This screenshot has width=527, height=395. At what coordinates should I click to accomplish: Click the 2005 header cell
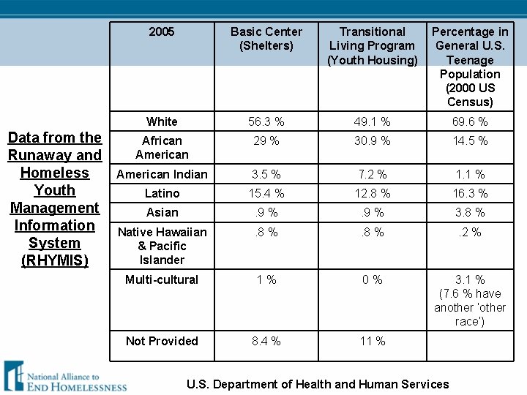tap(162, 31)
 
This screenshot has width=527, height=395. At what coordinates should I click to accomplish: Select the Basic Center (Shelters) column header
tap(266, 39)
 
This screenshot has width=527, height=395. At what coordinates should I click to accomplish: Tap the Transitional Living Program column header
tap(372, 45)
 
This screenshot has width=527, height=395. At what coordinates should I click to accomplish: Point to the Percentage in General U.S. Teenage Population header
tap(470, 67)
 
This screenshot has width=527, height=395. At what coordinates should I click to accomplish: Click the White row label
tap(162, 121)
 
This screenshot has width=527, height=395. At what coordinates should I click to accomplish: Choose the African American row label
tap(162, 147)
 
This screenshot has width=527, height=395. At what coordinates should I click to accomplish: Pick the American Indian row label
tap(162, 174)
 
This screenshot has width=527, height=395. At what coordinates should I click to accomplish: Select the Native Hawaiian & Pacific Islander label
tap(162, 246)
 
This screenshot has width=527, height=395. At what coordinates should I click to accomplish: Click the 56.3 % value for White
tap(266, 121)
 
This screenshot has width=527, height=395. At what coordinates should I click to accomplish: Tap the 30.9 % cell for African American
tap(372, 140)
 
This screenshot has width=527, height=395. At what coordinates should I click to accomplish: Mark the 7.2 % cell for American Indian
tap(372, 174)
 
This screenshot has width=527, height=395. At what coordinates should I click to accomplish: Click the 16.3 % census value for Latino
tap(470, 193)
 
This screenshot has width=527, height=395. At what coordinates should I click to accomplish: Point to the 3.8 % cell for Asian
tap(470, 212)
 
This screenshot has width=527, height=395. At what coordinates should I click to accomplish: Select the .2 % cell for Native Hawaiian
tap(470, 232)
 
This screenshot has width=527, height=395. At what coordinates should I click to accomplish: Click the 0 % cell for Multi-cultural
tap(372, 279)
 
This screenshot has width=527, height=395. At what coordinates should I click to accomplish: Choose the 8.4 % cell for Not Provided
tap(266, 341)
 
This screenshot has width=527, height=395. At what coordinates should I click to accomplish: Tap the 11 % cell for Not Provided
tap(372, 341)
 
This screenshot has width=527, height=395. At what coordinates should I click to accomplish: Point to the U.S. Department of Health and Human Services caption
tap(318, 384)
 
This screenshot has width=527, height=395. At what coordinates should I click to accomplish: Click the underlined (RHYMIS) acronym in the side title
tap(54, 260)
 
